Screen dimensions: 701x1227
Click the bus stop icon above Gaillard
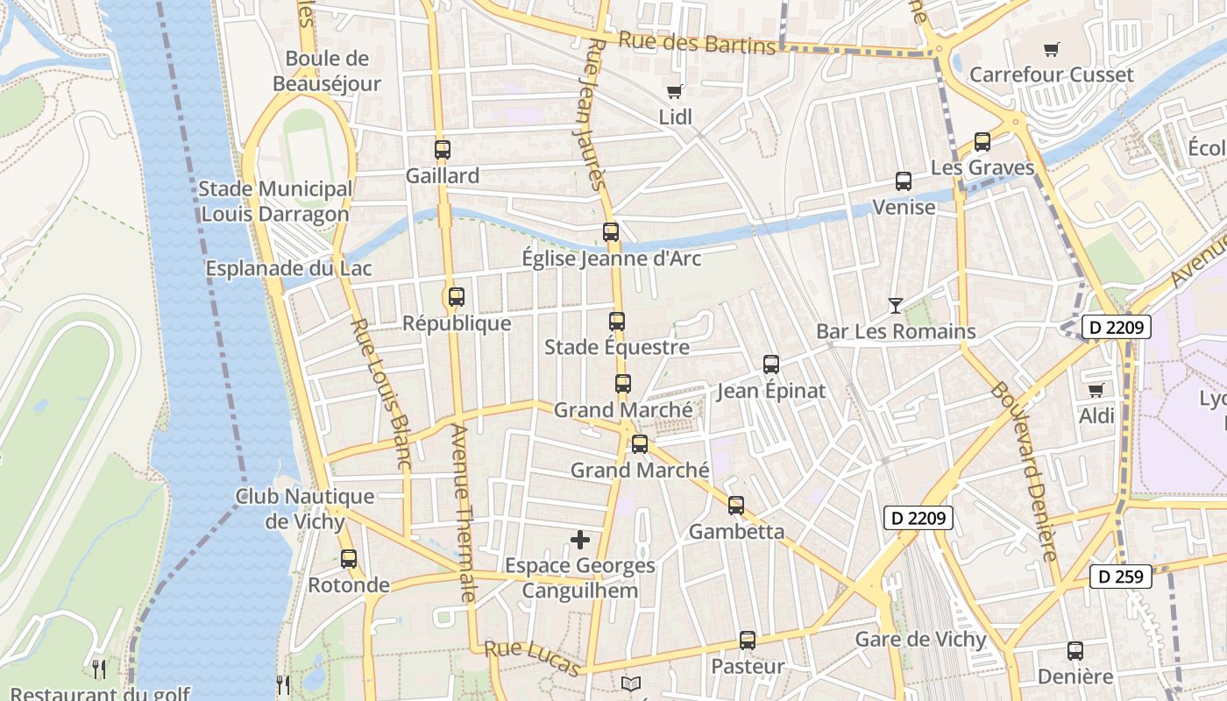pos(443,150)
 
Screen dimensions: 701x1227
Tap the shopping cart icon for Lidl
pos(674,92)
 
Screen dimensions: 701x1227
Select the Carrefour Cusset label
pos(1051,75)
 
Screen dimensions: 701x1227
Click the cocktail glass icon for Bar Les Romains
pos(895,306)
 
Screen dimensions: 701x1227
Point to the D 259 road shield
pos(1120,577)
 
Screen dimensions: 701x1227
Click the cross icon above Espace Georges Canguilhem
pos(580,540)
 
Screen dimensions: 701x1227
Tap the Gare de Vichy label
pos(920,640)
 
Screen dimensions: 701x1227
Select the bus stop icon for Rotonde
pos(349,559)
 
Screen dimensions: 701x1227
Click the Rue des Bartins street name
pos(697,42)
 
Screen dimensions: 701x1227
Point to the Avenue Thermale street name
pos(462,513)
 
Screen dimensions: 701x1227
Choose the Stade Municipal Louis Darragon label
pos(275,202)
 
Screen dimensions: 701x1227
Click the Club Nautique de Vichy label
pos(304,509)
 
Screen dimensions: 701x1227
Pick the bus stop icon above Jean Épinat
pos(771,365)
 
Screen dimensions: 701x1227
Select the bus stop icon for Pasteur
pos(748,641)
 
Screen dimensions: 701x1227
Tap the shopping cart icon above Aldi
pos(1096,390)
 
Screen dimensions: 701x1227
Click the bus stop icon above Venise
pos(904,181)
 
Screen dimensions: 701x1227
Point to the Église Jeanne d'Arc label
pos(611,258)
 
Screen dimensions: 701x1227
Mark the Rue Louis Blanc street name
pos(381,393)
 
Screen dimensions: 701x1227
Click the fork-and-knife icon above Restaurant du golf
pos(99,669)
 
